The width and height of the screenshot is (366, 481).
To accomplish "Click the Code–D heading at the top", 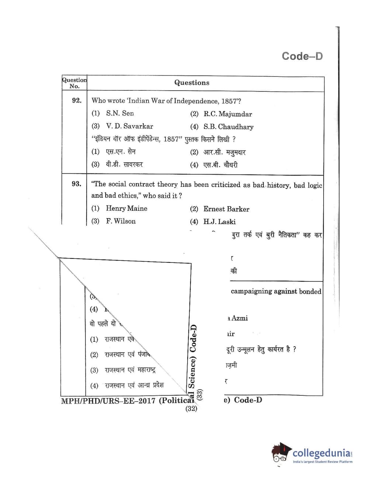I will [x=302, y=56].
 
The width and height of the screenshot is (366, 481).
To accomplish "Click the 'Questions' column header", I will [x=192, y=83].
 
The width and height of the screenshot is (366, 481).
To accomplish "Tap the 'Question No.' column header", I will [x=74, y=83].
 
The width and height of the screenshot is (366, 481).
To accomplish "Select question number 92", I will [x=77, y=100].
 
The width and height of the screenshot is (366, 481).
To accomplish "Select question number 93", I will [x=76, y=184].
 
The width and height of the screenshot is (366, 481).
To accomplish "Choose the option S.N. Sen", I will [x=120, y=113].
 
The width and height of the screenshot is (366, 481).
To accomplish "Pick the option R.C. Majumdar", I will [x=227, y=114].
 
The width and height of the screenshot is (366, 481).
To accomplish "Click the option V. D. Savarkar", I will [x=129, y=126].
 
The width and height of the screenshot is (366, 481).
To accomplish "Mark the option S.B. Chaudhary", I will [x=228, y=127].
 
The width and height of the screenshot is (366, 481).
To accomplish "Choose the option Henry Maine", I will [x=126, y=209].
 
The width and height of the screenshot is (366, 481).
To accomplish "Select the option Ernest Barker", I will [x=226, y=209].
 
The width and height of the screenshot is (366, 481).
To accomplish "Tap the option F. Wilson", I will [x=121, y=221].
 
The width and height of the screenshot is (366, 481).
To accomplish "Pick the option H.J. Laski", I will [x=219, y=222].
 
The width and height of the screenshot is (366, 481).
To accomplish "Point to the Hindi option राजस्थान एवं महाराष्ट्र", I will [x=130, y=370].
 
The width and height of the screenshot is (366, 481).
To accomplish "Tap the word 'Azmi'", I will [x=240, y=318].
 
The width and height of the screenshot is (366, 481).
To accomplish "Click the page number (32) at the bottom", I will [x=191, y=409].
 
